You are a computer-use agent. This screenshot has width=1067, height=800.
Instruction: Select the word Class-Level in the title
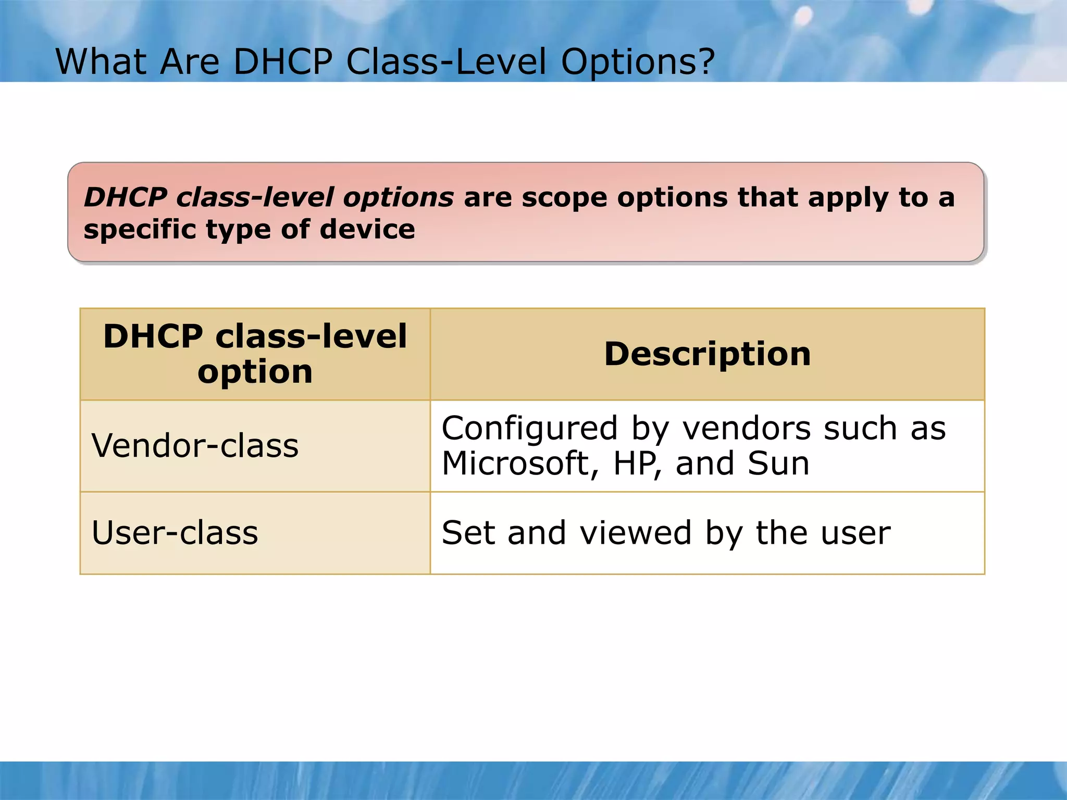tap(446, 62)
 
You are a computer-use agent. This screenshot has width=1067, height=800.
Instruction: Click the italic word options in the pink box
tap(398, 198)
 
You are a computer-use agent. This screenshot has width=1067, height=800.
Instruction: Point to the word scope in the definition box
tap(564, 198)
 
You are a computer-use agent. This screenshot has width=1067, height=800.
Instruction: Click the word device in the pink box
tap(367, 230)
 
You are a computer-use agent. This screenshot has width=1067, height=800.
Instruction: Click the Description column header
tap(707, 354)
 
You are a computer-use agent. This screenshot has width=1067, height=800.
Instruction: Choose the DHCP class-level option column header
tap(255, 354)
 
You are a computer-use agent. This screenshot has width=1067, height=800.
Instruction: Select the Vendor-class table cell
tap(195, 446)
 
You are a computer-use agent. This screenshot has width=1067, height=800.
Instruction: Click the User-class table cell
tap(175, 533)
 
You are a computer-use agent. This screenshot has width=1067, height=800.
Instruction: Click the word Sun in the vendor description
tap(778, 464)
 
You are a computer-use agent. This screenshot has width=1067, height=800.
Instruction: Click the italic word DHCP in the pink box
tap(126, 198)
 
